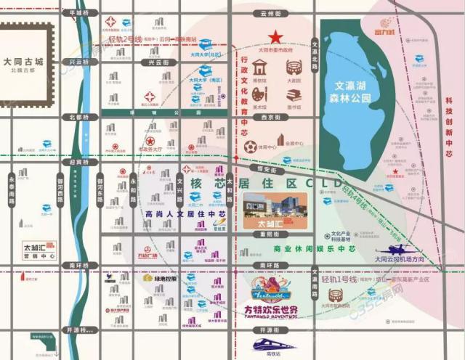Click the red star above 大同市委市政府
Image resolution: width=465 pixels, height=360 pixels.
click(275, 37)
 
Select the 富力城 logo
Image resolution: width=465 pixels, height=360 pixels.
click(384, 32)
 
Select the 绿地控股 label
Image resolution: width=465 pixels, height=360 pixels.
click(164, 277)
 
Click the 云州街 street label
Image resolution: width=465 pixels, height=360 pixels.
click(275, 13)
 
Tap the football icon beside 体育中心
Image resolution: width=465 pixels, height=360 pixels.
click(251, 147)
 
